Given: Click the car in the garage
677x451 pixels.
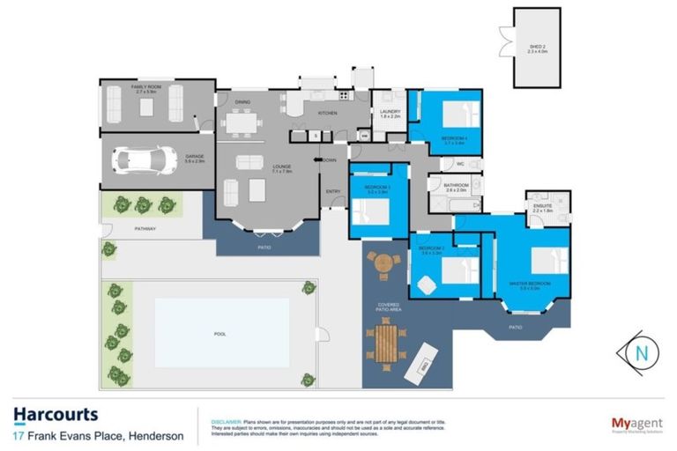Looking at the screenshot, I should tap(141, 160).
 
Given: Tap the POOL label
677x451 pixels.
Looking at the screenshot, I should tap(220, 335).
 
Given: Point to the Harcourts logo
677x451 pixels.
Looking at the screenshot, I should tap(56, 414).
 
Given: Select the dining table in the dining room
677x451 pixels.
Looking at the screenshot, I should tap(242, 123).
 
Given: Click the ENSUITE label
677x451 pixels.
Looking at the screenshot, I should tap(542, 208).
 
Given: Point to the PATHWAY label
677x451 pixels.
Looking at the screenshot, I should tap(145, 229).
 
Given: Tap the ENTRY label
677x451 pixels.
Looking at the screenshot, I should tap(333, 191).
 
